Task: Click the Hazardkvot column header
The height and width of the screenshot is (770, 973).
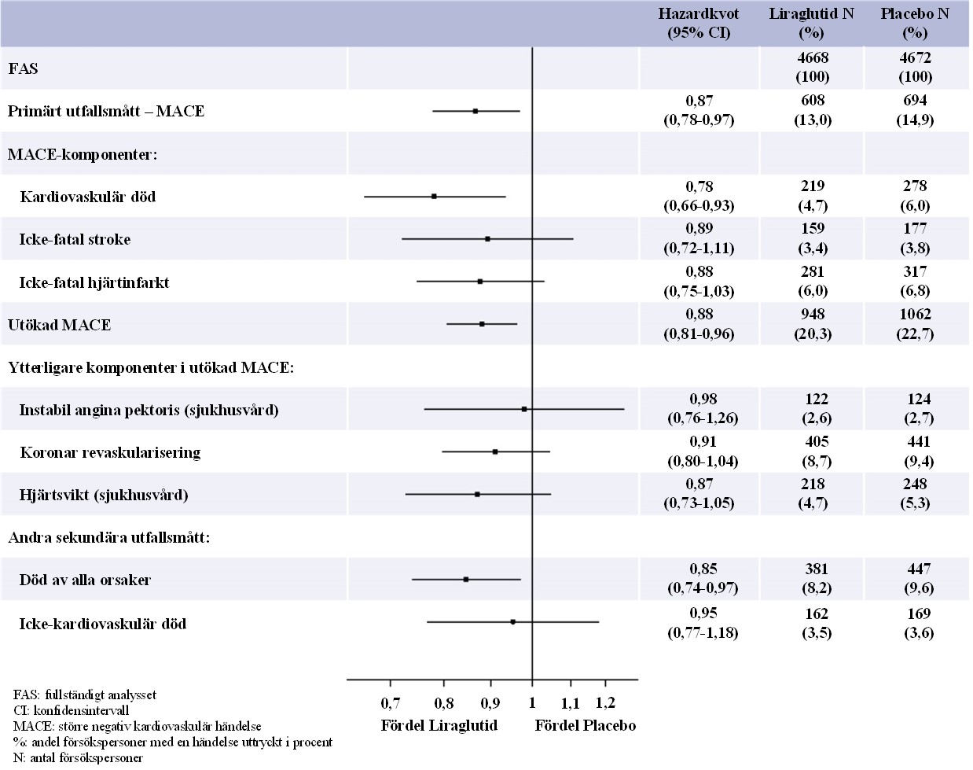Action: [699, 23]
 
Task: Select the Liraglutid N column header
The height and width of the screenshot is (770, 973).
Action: [812, 23]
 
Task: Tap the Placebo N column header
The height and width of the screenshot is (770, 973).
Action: [915, 23]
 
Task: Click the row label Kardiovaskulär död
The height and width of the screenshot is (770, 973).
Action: [88, 197]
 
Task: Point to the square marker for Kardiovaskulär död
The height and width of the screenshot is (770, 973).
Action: [434, 197]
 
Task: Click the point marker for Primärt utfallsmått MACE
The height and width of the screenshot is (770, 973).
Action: [475, 111]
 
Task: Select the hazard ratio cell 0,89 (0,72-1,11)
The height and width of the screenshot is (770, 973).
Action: [699, 238]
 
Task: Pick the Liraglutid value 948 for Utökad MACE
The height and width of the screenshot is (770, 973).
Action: [813, 314]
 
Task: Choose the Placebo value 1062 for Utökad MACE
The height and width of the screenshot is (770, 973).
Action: [915, 314]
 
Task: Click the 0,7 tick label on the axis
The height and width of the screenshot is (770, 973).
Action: [390, 703]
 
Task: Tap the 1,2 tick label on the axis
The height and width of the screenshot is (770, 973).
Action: [605, 702]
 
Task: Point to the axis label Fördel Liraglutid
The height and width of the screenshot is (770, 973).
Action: [439, 726]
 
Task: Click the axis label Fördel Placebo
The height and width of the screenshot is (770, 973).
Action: [586, 726]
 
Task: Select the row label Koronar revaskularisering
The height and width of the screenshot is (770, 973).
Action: [110, 452]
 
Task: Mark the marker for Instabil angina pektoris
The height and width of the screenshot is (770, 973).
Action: [524, 409]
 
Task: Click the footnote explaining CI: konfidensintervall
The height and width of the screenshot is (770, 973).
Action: [71, 710]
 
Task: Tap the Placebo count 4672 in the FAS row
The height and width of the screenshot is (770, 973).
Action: [916, 57]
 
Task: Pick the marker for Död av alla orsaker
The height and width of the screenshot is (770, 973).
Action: [466, 579]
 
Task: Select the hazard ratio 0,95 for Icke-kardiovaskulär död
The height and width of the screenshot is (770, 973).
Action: [703, 613]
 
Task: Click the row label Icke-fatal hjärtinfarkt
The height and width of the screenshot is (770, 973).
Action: [94, 283]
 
